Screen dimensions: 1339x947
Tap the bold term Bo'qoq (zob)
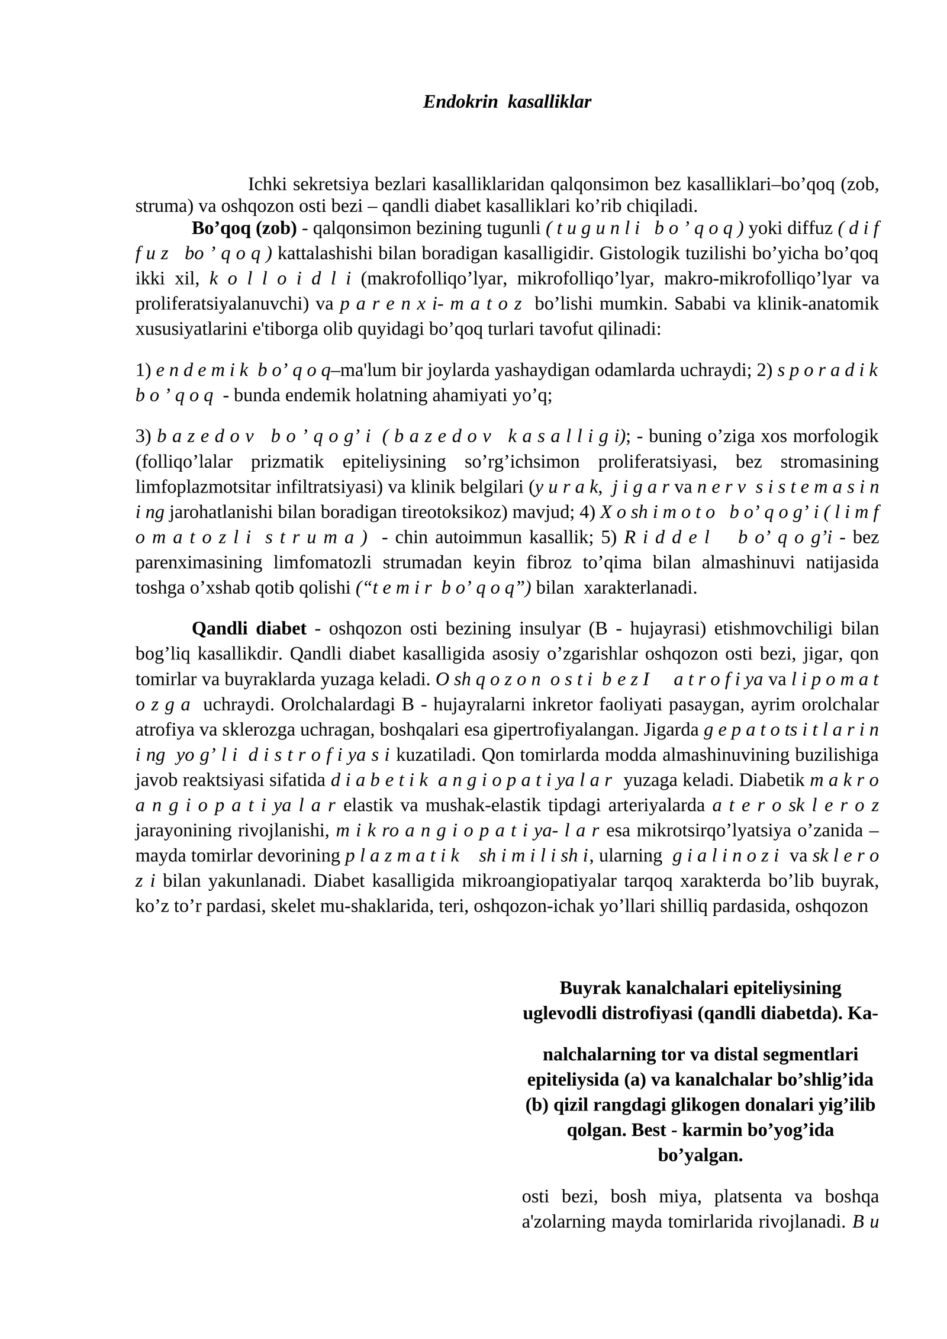click(x=244, y=228)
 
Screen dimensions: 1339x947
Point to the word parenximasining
click(x=198, y=562)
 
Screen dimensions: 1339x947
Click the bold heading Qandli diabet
click(x=249, y=628)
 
